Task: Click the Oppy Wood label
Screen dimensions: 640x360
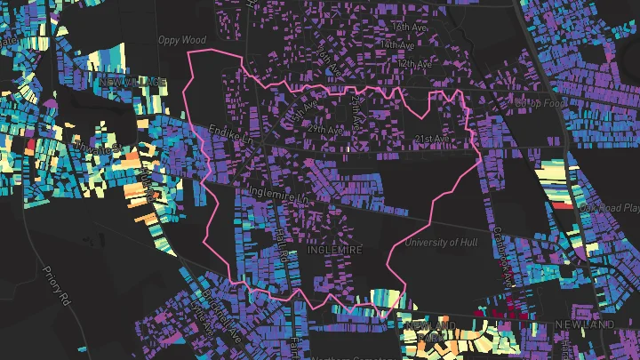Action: tap(181, 40)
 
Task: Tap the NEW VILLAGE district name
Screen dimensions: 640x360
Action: tap(134, 82)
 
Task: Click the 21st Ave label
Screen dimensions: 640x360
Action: tap(432, 139)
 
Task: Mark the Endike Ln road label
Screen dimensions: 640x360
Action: tap(232, 140)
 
